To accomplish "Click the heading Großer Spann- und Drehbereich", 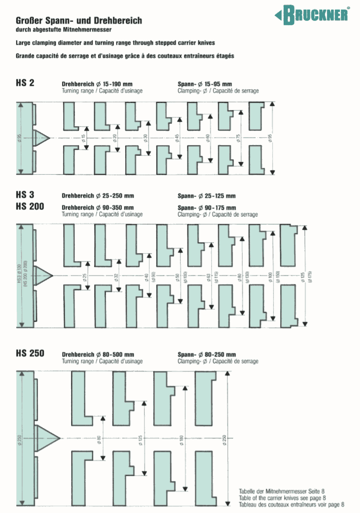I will [x=79, y=21].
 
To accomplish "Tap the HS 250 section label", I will [x=29, y=353].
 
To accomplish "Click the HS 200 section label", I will [x=29, y=206].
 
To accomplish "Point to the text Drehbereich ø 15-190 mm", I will [x=97, y=83].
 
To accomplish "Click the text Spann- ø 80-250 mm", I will [x=206, y=354].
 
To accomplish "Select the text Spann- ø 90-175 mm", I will [x=206, y=208].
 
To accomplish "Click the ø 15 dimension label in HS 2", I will [x=83, y=138].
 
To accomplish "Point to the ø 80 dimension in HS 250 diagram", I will [x=99, y=438].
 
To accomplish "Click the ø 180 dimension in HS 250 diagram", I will [x=181, y=438].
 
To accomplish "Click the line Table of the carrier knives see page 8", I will [x=282, y=498].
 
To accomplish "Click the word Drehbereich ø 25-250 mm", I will [x=97, y=196].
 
